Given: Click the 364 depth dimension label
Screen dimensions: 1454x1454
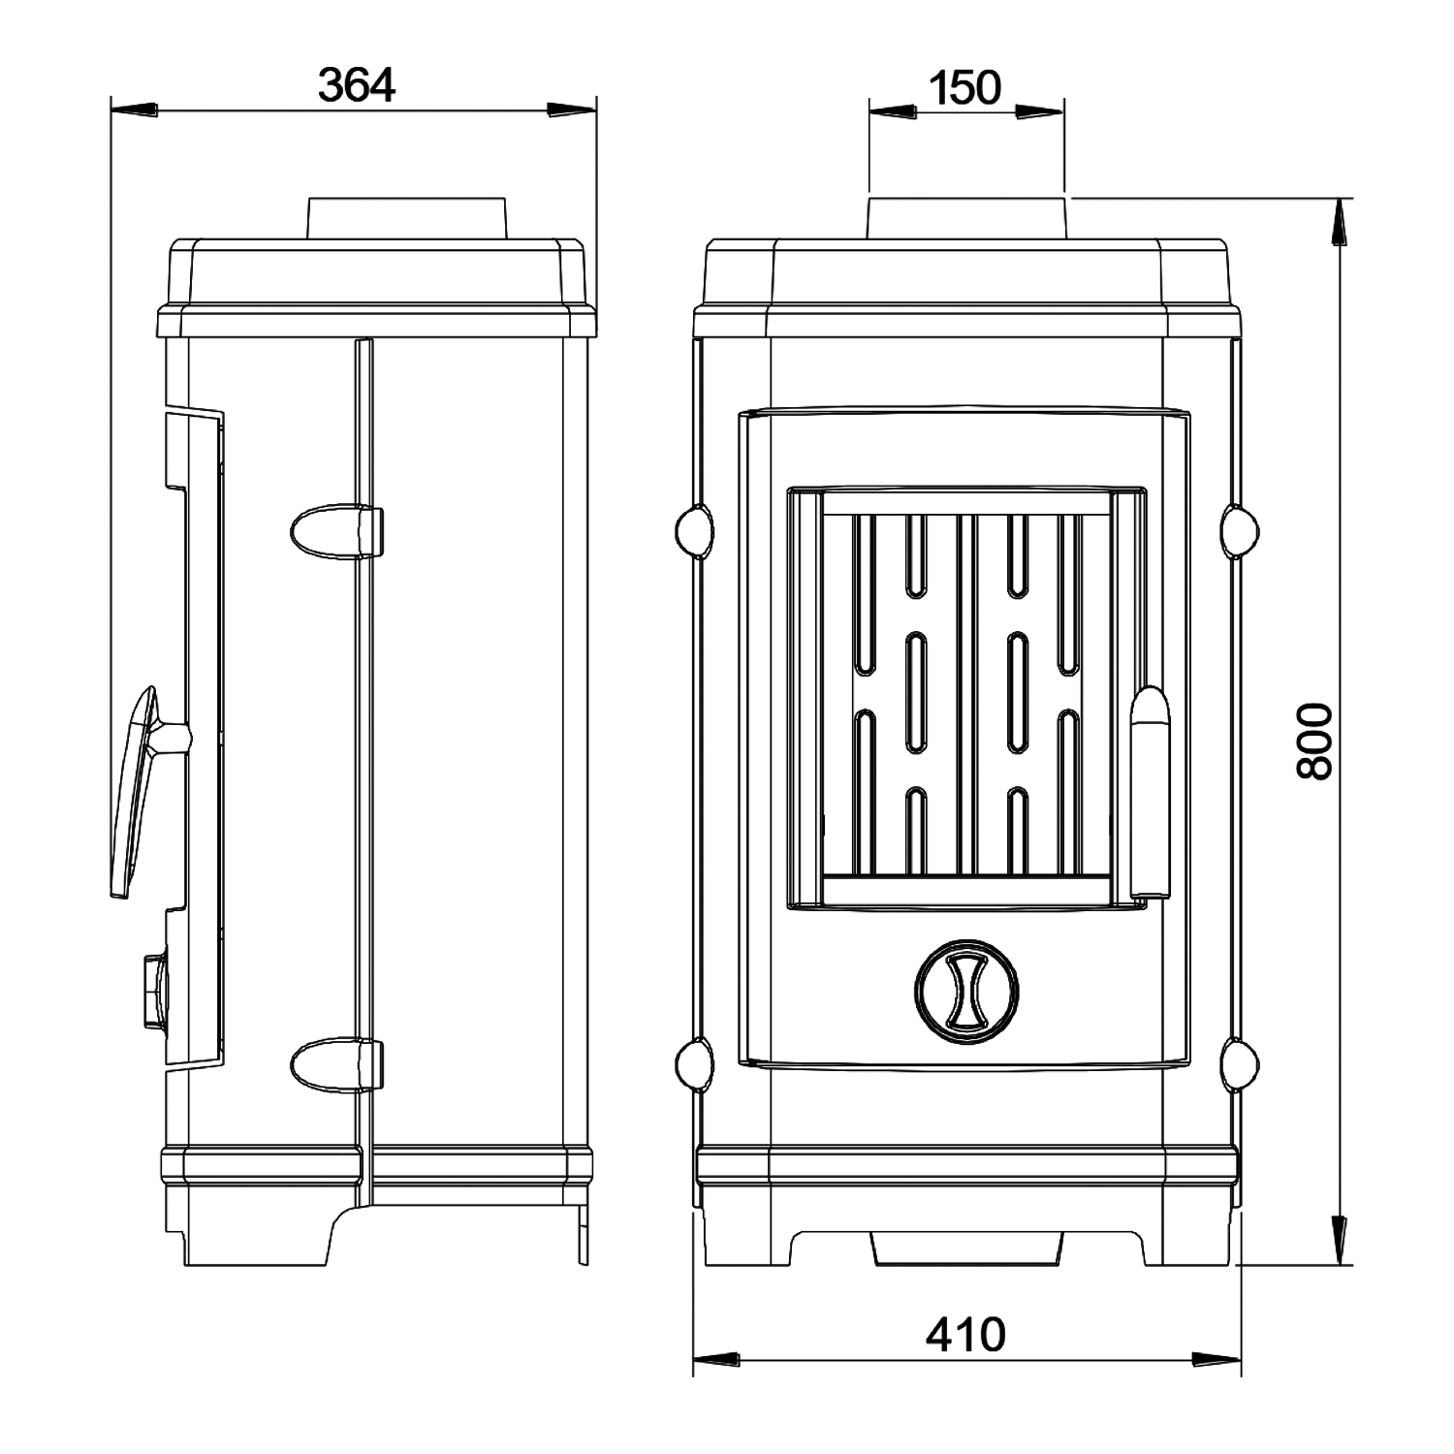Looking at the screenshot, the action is [x=358, y=85].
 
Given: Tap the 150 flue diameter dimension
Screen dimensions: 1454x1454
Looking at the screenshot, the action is [x=964, y=88].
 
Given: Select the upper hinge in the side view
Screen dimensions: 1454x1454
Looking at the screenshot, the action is [x=336, y=531].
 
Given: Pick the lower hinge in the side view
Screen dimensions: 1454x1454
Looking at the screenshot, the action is [x=336, y=1064].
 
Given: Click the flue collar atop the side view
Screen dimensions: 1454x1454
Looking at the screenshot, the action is [x=406, y=219].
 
